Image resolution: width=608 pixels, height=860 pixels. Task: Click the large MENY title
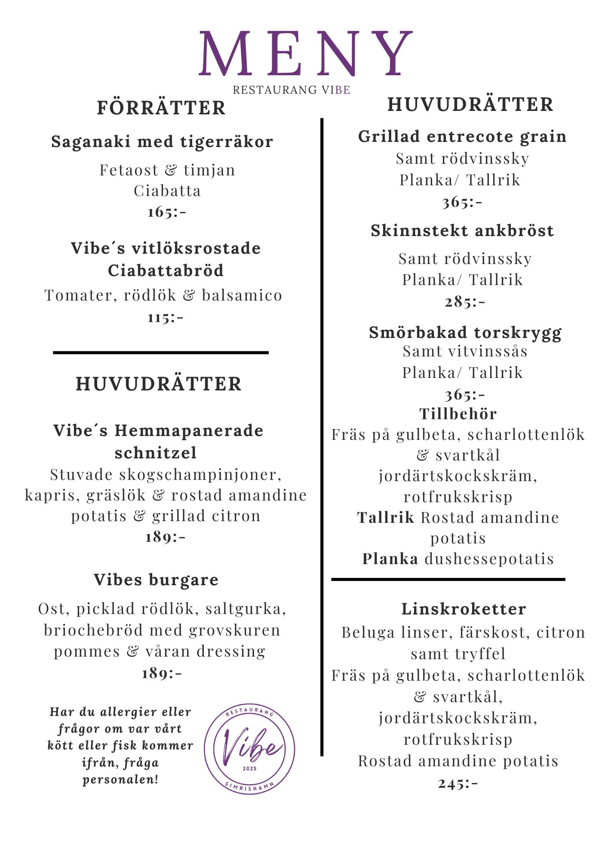pos(305,54)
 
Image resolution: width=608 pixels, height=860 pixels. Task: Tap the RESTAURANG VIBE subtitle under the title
pos(291,90)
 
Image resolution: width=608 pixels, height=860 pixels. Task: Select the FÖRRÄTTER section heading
pos(161,107)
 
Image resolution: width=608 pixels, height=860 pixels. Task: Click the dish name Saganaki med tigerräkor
pos(162,141)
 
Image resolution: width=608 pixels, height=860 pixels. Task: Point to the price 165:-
pos(167,212)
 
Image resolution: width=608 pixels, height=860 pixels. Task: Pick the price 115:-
pos(166,317)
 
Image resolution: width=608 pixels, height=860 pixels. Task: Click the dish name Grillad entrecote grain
pos(462,136)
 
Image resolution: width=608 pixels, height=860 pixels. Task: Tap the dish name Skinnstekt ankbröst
pos(462,230)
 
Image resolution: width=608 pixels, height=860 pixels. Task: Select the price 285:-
pos(465,301)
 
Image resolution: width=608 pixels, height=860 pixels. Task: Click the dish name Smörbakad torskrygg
pos(465,332)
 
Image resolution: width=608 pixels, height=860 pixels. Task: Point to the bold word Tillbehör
pos(458,414)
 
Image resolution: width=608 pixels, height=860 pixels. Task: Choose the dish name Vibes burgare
pos(156,580)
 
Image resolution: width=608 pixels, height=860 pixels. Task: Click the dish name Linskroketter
pos(464,609)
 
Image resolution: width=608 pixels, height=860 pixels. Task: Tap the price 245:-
pos(458,783)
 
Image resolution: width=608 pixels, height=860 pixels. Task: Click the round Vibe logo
pos(249,749)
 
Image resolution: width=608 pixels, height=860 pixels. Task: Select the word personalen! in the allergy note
pos(120,779)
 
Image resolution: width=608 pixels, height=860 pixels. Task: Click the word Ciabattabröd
pos(166,270)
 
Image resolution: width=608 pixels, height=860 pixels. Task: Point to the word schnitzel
pos(156,452)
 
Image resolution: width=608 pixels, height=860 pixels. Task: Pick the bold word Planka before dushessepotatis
pos(390,559)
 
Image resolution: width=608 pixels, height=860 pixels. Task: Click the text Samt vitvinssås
pos(465,351)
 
